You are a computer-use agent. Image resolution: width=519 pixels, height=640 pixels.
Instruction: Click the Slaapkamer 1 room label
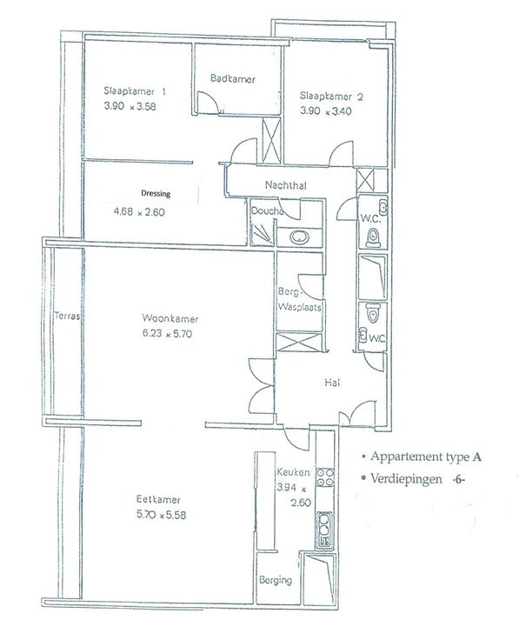(x=135, y=91)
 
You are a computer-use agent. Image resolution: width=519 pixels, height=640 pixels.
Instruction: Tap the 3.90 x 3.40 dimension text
(x=326, y=111)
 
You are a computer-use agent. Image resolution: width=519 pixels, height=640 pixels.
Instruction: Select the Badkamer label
(x=233, y=78)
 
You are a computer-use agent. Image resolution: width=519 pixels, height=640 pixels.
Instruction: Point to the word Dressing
(x=156, y=193)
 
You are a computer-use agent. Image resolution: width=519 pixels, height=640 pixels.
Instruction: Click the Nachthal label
(x=286, y=185)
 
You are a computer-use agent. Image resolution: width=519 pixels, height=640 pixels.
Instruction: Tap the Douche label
(x=267, y=211)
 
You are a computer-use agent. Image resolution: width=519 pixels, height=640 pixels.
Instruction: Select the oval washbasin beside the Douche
(x=299, y=237)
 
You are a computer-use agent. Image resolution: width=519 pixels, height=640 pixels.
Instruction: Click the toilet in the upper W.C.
(x=373, y=237)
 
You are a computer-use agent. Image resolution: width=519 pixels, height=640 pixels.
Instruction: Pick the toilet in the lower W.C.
(x=373, y=313)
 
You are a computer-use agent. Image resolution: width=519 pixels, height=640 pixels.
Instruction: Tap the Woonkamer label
(x=170, y=318)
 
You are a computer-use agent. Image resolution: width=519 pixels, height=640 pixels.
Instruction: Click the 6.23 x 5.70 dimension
(x=167, y=333)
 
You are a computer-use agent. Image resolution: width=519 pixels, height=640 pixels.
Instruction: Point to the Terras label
(x=67, y=316)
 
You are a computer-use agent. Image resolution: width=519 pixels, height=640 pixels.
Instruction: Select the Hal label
(x=332, y=383)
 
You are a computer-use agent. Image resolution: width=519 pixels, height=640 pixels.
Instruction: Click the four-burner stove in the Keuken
(x=326, y=477)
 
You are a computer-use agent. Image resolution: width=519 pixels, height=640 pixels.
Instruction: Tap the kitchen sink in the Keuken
(x=324, y=530)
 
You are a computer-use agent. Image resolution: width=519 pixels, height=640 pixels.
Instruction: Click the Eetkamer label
(x=158, y=499)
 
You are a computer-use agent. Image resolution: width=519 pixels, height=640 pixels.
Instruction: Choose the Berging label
(x=276, y=580)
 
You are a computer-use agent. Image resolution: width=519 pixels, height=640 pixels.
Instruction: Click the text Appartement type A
(x=426, y=457)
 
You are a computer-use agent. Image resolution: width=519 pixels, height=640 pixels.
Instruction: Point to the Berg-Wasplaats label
(x=299, y=299)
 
